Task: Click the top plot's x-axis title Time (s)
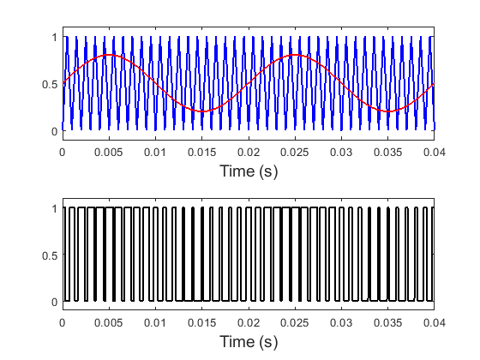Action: (248, 171)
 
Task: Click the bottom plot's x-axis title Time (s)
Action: (248, 341)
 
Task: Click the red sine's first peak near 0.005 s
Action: (109, 56)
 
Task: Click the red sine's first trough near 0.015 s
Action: (201, 111)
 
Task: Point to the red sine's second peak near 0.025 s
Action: (295, 56)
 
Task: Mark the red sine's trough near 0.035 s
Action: (387, 111)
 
